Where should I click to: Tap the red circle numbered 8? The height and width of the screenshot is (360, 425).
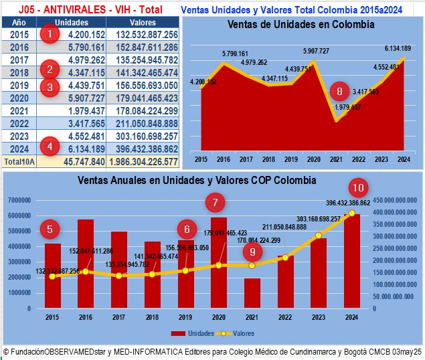tap(339, 92)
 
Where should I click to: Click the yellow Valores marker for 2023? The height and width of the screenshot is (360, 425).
tap(319, 236)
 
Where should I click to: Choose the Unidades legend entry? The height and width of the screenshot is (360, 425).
tap(193, 333)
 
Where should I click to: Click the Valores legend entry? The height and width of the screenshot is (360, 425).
tap(239, 333)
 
